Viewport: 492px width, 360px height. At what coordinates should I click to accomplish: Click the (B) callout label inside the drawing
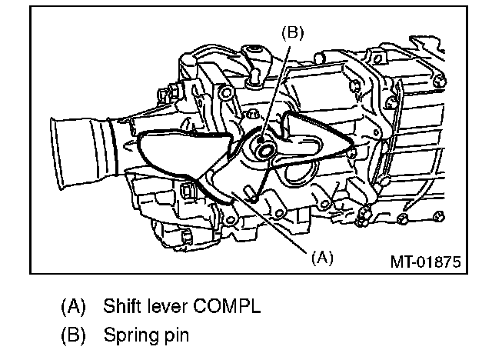[x=292, y=32]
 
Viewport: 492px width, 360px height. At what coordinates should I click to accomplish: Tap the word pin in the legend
[x=176, y=335]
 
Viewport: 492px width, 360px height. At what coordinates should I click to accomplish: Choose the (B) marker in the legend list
[x=74, y=335]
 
